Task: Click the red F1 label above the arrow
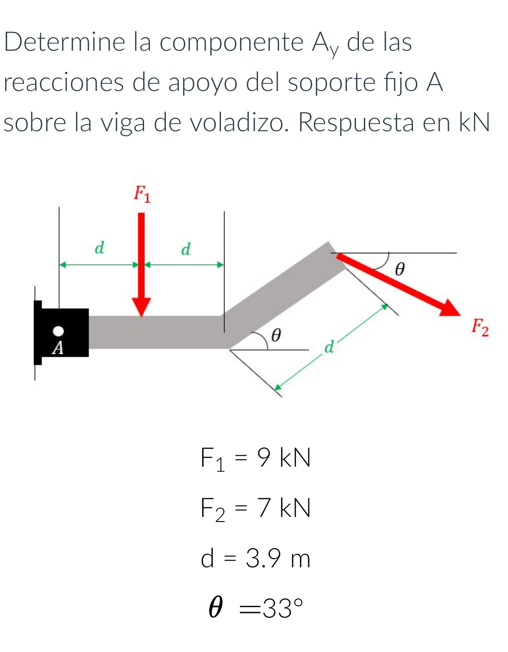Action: click(x=142, y=194)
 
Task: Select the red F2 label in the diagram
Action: click(x=480, y=327)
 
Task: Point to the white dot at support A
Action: click(x=59, y=331)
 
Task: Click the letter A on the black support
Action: click(x=58, y=348)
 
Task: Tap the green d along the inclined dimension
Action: click(x=330, y=347)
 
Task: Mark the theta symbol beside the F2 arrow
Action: click(x=400, y=268)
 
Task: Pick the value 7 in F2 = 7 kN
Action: click(x=264, y=508)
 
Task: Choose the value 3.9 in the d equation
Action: click(x=263, y=558)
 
